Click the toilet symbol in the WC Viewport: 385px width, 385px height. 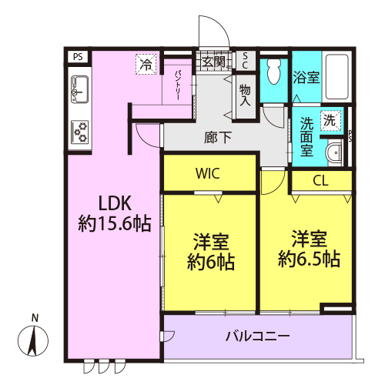coord(274,72)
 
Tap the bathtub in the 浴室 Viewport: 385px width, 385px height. coord(337,76)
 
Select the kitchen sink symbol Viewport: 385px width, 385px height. coord(79,89)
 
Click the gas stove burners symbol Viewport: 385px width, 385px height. coord(79,132)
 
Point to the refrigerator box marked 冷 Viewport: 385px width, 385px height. coord(146,64)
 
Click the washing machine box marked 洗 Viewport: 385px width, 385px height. coord(331,120)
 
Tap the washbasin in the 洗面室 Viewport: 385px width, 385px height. coord(334,152)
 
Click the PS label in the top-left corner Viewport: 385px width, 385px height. coord(78,56)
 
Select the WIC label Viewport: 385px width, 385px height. coord(208,173)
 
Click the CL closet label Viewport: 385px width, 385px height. coord(320,181)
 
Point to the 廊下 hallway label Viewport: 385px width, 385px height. coord(218,138)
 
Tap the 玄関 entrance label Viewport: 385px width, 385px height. coord(213,62)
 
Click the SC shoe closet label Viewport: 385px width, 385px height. coord(245,61)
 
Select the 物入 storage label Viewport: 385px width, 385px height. coord(245,95)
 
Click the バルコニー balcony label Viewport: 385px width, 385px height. coord(258,336)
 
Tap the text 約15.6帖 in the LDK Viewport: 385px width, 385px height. coord(115,223)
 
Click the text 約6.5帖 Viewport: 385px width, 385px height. coord(309,259)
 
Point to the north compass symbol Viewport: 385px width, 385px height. coord(33,340)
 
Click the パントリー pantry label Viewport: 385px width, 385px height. coord(177,85)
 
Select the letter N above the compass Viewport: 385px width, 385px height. coord(35,318)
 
